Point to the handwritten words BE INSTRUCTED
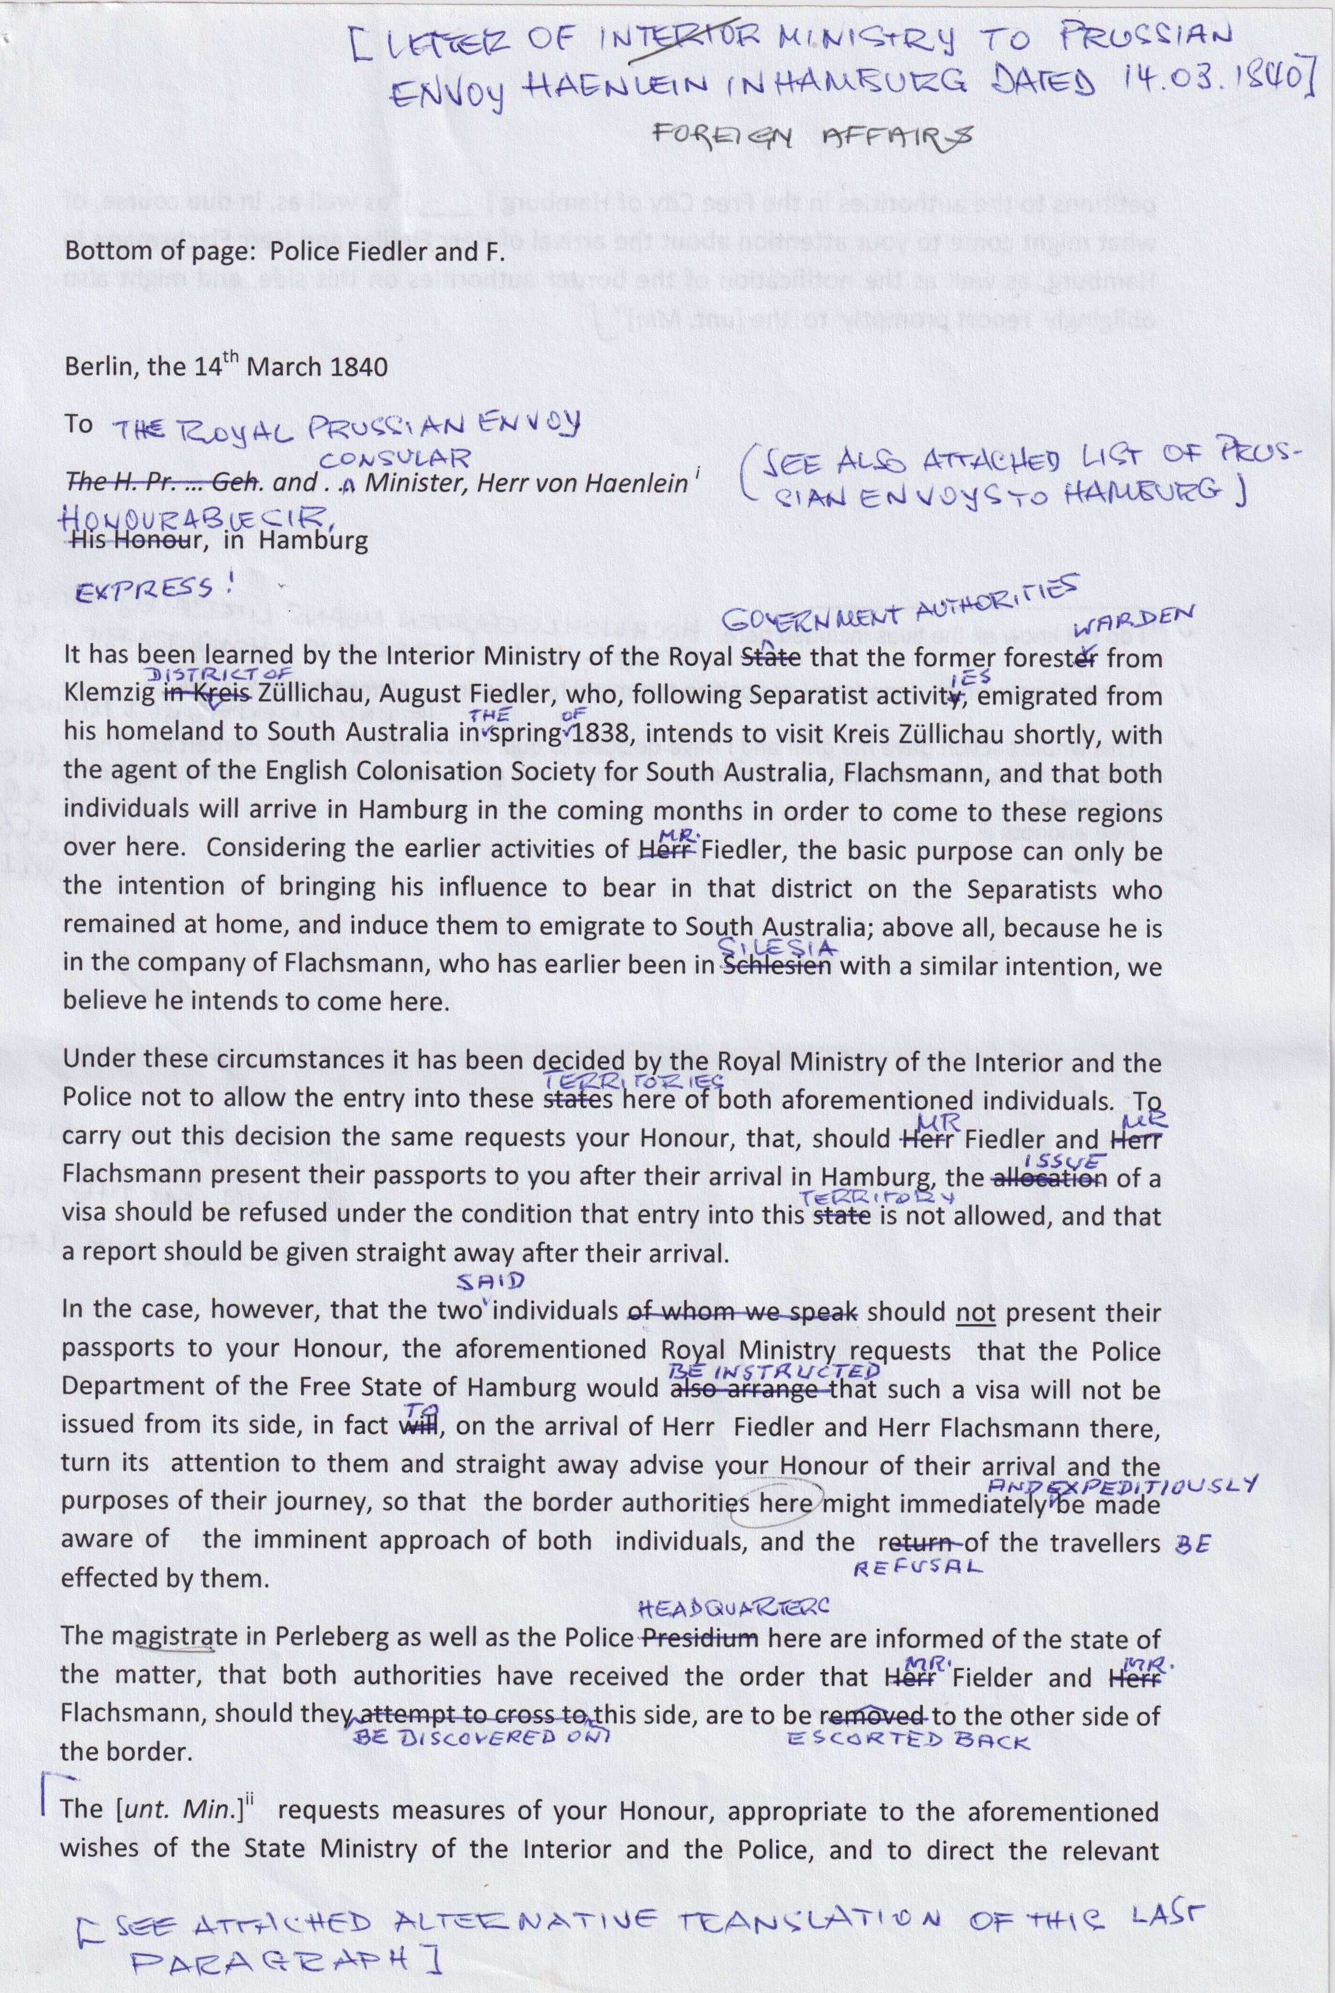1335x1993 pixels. (774, 1371)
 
